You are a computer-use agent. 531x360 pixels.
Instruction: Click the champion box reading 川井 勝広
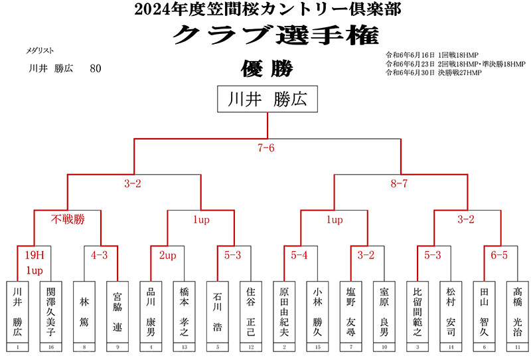267,100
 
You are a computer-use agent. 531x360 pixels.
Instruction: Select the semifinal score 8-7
399,183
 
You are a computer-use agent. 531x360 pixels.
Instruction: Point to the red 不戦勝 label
68,219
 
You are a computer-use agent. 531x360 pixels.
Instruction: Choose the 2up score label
167,255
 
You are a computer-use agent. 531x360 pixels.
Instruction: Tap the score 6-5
499,255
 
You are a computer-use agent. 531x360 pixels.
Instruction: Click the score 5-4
299,255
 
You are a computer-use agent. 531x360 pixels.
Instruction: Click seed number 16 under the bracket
50,347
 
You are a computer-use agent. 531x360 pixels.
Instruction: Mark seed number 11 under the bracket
516,347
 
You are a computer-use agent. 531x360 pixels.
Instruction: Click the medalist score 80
95,68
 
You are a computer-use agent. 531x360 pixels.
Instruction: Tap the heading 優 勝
267,68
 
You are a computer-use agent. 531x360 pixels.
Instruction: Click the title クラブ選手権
267,35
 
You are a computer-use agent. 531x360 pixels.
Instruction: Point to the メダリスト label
40,50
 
